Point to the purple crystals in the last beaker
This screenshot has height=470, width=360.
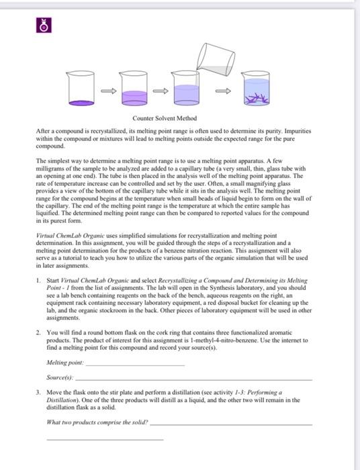point(255,98)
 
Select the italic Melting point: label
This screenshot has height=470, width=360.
point(65,363)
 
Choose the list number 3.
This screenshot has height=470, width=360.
point(38,392)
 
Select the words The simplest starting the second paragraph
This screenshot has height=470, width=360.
point(56,161)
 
